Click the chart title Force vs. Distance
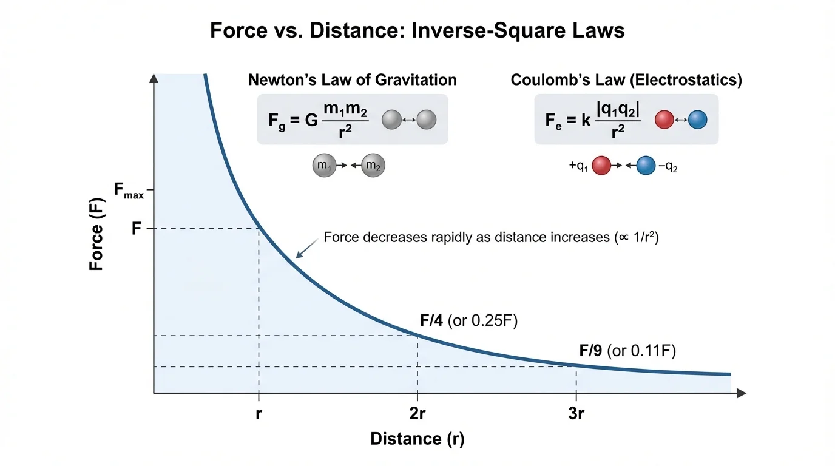click(417, 30)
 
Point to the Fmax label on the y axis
click(129, 191)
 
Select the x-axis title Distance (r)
click(417, 439)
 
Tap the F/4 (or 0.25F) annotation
click(468, 321)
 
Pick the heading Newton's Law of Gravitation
click(353, 80)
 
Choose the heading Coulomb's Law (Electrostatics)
click(626, 80)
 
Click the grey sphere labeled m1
click(323, 165)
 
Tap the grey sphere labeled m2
click(373, 165)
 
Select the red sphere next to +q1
click(601, 166)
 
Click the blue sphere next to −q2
click(646, 166)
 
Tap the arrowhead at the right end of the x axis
click(741, 394)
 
